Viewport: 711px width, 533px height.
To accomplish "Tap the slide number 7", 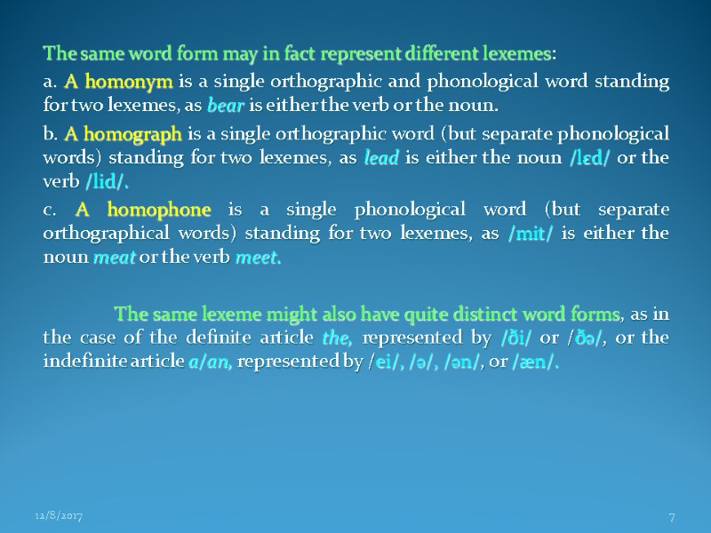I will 671,515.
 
